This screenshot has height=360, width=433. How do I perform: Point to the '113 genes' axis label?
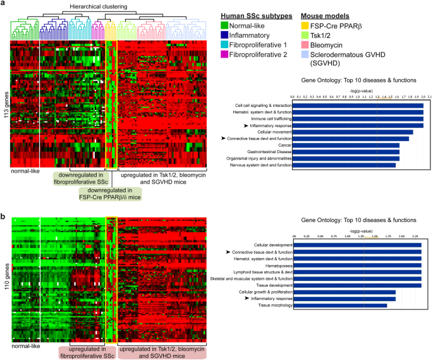point(6,105)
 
